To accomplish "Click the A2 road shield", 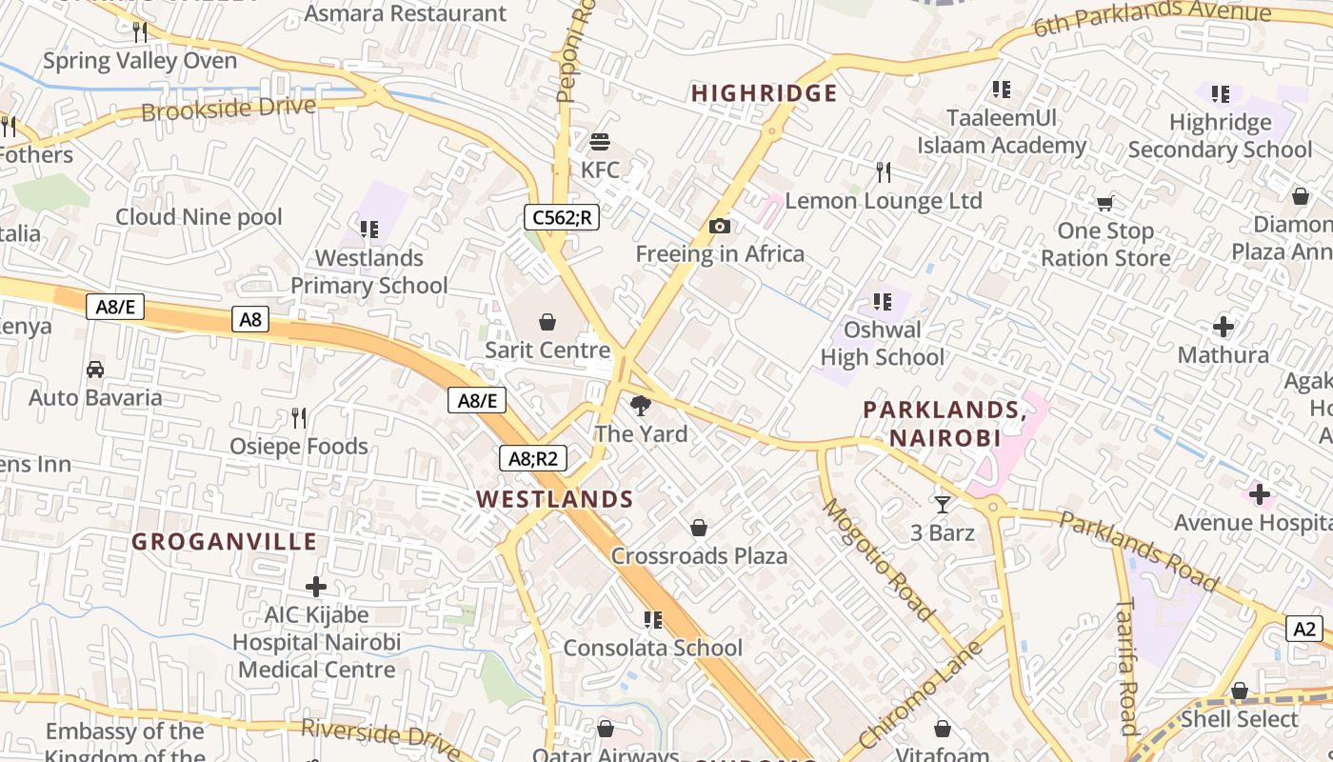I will pos(1304,629).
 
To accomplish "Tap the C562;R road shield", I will pos(561,217).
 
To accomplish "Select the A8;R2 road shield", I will pos(533,458).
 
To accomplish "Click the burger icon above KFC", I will pos(600,142).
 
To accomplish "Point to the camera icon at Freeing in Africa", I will pos(720,226).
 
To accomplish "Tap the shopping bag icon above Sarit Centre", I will pos(547,322).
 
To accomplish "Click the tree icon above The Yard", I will pos(641,406).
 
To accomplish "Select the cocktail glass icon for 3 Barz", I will pos(943,504).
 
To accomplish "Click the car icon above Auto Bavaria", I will pos(95,370).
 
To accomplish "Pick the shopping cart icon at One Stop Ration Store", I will pos(1104,203).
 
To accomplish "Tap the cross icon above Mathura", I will pos(1224,328).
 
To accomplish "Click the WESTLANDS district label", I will pos(554,499).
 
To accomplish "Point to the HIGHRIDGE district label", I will pos(764,93).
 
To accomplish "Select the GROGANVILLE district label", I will pos(224,542).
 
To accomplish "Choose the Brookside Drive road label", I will pos(229,109).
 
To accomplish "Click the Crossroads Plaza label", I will pos(699,556).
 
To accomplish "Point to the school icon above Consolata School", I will pos(653,620).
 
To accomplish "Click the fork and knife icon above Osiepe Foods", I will pos(299,417).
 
